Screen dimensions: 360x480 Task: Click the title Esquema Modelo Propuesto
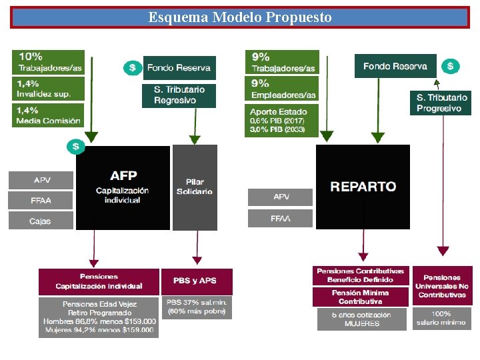coord(240,17)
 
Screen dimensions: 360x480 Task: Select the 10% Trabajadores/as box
coord(48,63)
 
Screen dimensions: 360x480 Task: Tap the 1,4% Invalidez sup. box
coord(48,89)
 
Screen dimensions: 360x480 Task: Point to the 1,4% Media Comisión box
coord(48,115)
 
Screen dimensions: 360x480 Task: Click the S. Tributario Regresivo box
coord(179,95)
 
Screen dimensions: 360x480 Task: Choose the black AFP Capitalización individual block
coord(123,187)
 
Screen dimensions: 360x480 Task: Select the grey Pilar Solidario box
coord(195,187)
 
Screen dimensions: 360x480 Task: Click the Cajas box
coord(41,221)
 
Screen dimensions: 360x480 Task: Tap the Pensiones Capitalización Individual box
coord(99,281)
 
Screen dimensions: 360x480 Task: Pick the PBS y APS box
coord(198,281)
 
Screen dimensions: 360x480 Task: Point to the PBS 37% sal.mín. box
coord(198,307)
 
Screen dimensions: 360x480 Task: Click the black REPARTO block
coord(363,187)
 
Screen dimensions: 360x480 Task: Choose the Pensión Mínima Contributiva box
coord(360,297)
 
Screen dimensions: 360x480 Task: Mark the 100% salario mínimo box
coord(442,318)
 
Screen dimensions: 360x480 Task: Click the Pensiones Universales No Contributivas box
coord(442,285)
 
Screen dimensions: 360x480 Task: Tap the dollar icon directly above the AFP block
coord(75,145)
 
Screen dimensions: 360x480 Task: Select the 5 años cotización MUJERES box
coord(360,319)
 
